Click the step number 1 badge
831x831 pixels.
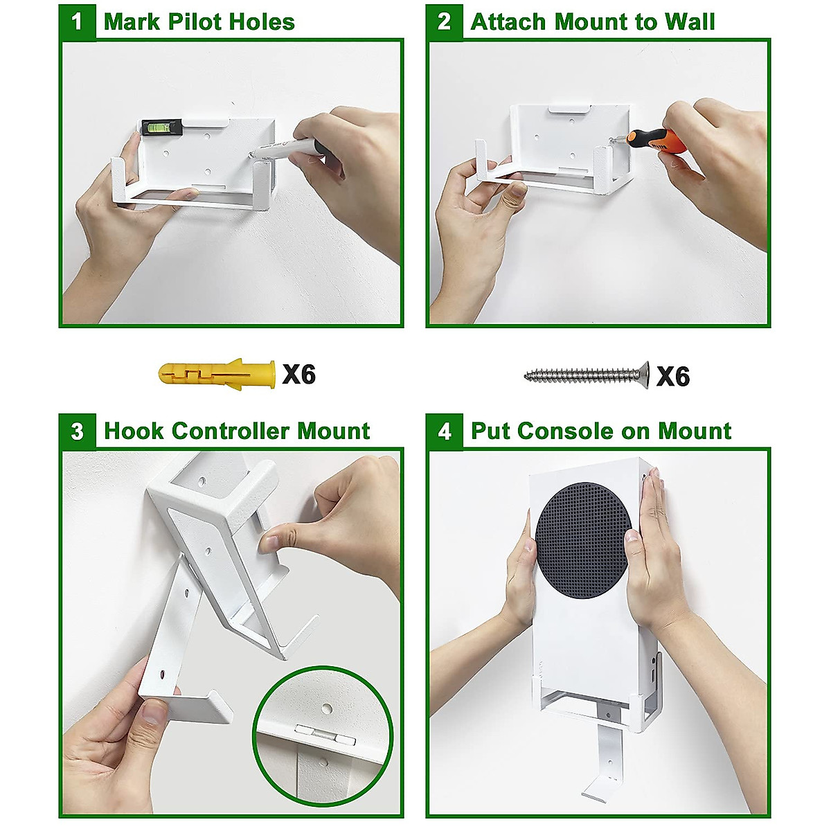click(77, 21)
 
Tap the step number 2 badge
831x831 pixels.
click(444, 21)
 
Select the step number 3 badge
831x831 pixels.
click(77, 431)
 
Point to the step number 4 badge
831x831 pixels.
click(444, 431)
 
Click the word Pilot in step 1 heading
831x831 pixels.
click(197, 22)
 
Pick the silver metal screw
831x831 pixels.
click(586, 375)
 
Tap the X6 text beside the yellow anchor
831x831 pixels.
click(298, 375)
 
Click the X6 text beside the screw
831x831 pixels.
click(672, 377)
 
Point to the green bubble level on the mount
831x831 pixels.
click(161, 127)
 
